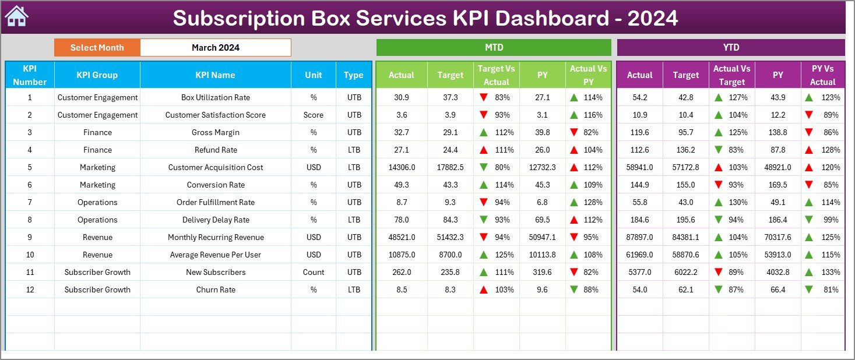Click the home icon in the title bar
16,17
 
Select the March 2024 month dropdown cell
215,48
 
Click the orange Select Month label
97,48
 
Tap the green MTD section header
494,48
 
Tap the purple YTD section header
730,48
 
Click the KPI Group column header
97,75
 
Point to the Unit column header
313,75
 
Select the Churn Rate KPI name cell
215,290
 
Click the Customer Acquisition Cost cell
215,167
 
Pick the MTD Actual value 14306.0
402,167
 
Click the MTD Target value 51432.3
450,237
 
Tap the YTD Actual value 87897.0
639,237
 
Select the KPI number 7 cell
30,202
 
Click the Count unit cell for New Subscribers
313,272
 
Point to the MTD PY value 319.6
542,272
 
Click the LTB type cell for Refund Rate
354,150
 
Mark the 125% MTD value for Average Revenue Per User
504,255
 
